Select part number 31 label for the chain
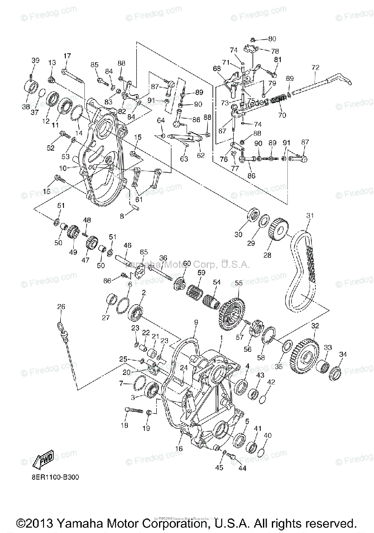click(310, 216)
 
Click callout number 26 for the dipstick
click(61, 306)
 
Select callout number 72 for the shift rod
click(315, 68)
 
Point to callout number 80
click(272, 39)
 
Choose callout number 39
click(36, 61)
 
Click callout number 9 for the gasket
click(196, 322)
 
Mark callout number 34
click(343, 354)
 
